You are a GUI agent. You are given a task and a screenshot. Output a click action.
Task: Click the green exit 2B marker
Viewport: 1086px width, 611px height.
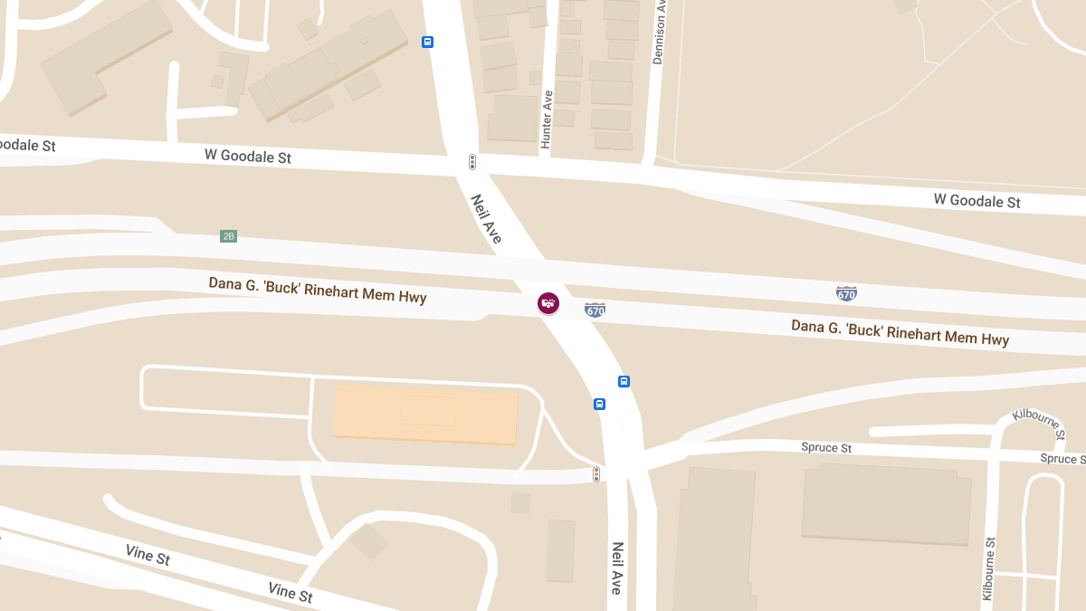click(x=228, y=236)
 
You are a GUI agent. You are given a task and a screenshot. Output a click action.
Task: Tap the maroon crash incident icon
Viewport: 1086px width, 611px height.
click(x=548, y=303)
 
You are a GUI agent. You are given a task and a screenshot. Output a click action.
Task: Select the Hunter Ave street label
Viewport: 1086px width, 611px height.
click(x=547, y=119)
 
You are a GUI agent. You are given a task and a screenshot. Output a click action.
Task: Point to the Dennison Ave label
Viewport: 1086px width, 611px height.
click(x=659, y=32)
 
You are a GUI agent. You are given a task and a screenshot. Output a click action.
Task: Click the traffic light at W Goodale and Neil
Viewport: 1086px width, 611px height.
click(x=472, y=162)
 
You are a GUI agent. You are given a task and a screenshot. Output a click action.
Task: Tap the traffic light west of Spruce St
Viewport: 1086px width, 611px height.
click(x=595, y=473)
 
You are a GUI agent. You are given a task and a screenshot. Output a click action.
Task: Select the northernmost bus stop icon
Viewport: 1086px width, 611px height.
click(x=427, y=42)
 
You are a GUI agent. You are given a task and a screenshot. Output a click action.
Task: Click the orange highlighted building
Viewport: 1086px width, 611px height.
click(x=425, y=414)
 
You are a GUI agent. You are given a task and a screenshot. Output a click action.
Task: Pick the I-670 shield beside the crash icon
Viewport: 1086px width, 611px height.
click(x=595, y=310)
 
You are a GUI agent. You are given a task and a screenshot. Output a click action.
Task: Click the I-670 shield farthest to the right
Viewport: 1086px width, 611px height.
click(x=846, y=293)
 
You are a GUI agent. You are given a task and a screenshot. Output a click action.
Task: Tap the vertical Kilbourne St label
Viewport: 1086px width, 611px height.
click(x=988, y=568)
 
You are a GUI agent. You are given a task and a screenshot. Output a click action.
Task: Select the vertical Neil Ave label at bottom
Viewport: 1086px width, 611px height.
click(x=617, y=568)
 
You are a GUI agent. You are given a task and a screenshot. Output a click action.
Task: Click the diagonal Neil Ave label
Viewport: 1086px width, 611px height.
click(x=487, y=218)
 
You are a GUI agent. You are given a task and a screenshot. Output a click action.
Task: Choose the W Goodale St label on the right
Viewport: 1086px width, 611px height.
click(x=976, y=200)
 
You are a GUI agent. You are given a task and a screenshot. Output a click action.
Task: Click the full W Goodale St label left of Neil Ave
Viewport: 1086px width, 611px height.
click(x=248, y=156)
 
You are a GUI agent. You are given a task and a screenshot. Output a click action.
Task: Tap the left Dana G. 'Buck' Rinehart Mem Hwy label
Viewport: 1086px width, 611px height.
click(x=318, y=290)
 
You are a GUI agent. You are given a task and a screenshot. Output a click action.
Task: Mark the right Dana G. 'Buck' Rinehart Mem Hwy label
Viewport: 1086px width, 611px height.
click(x=900, y=332)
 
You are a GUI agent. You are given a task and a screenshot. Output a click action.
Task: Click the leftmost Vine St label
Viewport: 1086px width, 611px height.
click(x=148, y=554)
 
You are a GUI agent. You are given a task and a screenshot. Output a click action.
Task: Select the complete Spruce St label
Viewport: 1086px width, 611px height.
click(x=826, y=448)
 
